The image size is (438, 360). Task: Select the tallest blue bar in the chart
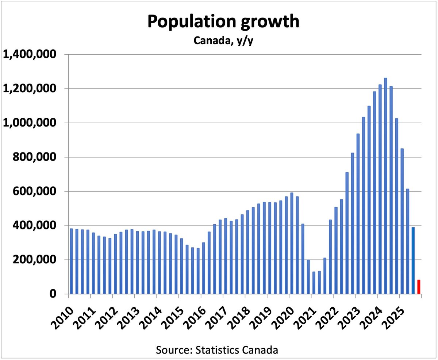tap(385, 186)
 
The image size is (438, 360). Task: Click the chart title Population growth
tap(223, 22)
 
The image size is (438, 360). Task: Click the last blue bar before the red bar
tap(413, 260)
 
